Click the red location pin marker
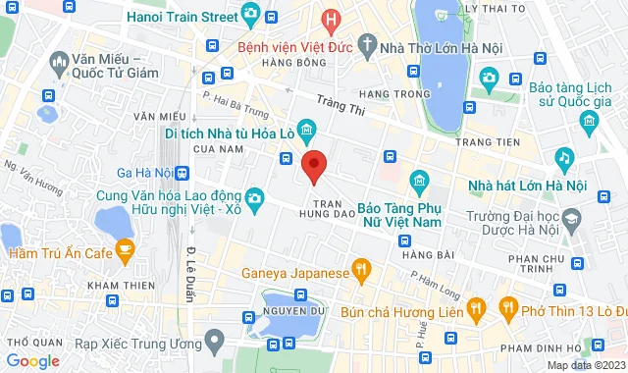click(x=313, y=165)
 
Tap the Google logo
click(x=32, y=361)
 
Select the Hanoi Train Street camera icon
click(x=250, y=17)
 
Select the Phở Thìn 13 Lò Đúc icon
click(x=508, y=311)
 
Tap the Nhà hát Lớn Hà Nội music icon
click(x=563, y=156)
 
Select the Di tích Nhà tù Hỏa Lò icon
click(x=307, y=130)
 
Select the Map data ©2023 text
click(x=585, y=365)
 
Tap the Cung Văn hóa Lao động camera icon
click(x=253, y=198)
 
